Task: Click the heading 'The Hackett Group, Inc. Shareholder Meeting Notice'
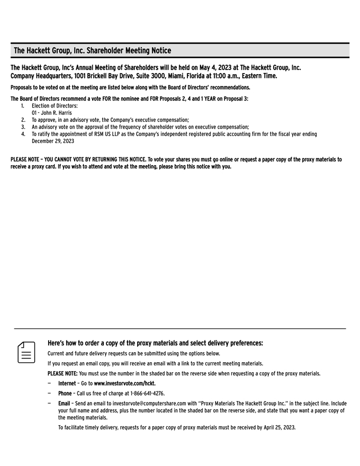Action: click(x=92, y=51)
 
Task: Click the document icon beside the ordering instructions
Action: click(x=26, y=352)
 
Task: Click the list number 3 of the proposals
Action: click(x=23, y=127)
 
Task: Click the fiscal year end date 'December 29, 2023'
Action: click(x=53, y=141)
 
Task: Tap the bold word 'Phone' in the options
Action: click(x=65, y=393)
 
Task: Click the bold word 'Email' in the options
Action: click(x=64, y=404)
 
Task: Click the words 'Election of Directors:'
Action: click(x=55, y=106)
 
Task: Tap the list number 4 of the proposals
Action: click(x=23, y=135)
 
